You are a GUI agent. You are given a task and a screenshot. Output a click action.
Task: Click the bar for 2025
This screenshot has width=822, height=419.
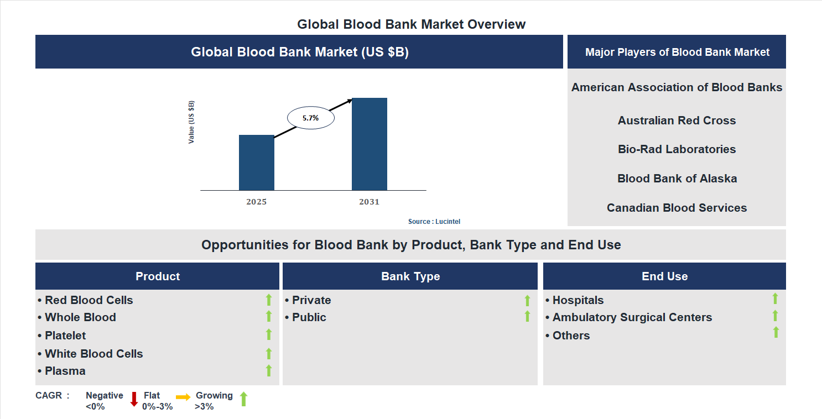tap(256, 163)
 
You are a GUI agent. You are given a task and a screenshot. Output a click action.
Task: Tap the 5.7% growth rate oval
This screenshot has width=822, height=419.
tap(310, 118)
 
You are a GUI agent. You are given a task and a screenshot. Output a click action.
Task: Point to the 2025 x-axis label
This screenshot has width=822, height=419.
tap(256, 202)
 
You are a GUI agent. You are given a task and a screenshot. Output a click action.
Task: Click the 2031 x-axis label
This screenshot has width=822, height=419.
tap(369, 202)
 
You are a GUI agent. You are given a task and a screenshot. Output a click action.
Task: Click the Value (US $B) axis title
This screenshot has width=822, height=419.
tap(191, 122)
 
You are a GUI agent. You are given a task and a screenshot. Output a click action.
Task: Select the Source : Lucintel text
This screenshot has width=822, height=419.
tap(434, 221)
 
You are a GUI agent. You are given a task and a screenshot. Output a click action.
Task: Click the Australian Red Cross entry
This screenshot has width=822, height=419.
tap(677, 121)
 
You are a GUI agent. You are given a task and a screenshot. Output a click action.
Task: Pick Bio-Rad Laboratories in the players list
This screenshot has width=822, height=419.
tap(677, 149)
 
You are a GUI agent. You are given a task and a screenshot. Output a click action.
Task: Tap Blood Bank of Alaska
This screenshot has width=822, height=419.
tap(677, 179)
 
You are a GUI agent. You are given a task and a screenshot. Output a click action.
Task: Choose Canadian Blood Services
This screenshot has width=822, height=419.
tap(677, 208)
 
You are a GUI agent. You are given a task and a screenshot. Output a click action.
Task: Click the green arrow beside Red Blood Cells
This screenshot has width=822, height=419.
tap(269, 300)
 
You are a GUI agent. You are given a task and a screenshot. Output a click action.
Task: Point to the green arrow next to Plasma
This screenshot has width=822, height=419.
tap(269, 370)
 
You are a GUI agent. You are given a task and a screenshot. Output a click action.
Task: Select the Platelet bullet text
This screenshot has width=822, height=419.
tap(65, 336)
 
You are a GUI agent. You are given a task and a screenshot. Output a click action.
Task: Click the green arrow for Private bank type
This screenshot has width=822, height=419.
tap(527, 300)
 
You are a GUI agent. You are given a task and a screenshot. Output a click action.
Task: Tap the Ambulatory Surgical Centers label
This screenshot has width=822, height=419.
tap(632, 317)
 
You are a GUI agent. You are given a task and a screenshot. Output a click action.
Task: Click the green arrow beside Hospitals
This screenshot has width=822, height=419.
tap(775, 298)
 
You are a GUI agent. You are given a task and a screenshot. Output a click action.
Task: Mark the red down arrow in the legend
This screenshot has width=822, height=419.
tap(134, 399)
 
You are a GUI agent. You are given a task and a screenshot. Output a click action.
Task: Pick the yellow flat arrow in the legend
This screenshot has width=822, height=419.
tap(183, 397)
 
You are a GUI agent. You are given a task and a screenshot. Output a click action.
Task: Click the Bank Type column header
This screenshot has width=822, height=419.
tap(410, 276)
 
